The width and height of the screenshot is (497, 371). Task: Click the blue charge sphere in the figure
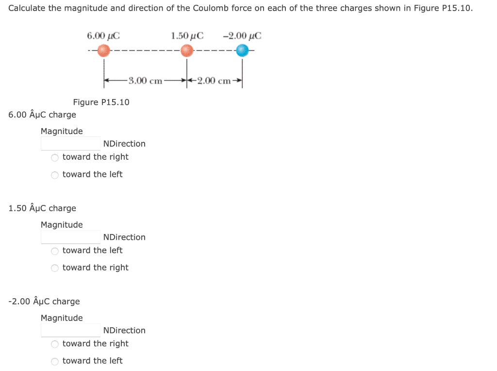tap(242, 51)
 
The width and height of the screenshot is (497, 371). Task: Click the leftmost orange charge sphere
tap(103, 51)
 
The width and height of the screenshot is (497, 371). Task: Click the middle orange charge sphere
tap(187, 51)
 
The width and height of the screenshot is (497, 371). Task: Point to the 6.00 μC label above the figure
tap(103, 35)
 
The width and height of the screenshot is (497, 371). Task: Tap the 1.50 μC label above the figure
tap(187, 35)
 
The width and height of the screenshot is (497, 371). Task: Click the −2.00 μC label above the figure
tap(241, 35)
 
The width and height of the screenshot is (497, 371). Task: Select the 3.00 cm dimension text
tap(145, 81)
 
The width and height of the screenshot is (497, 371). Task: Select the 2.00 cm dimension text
tap(214, 81)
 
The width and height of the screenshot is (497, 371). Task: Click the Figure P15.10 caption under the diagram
tap(101, 102)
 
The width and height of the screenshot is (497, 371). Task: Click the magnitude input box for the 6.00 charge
tap(70, 144)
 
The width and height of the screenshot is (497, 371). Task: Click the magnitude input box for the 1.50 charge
tap(70, 237)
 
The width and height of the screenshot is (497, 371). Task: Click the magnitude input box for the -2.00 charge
tap(70, 330)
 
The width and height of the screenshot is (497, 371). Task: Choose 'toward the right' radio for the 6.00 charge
tap(55, 157)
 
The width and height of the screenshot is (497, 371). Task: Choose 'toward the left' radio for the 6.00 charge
tap(55, 175)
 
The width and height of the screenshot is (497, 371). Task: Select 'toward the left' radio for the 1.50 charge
tap(55, 251)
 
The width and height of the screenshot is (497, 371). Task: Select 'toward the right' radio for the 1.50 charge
tap(55, 268)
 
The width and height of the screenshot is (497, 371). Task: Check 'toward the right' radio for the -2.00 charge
tap(55, 344)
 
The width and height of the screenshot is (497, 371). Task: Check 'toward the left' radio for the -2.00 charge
tap(55, 361)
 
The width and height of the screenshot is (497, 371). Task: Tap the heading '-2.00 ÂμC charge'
tap(44, 301)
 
